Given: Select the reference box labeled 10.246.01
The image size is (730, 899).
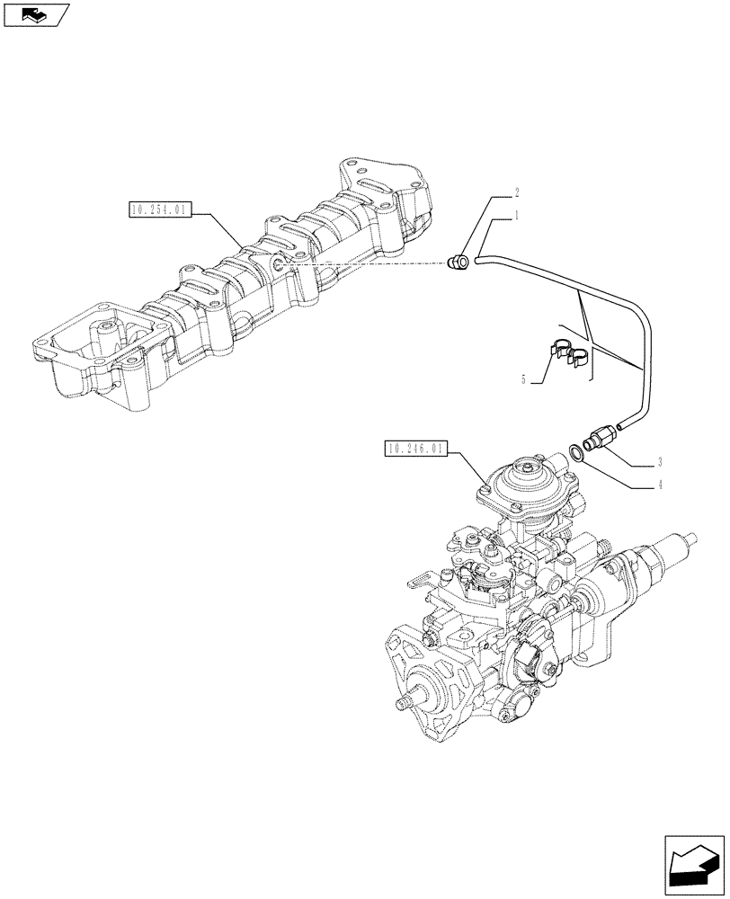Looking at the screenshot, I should tap(414, 448).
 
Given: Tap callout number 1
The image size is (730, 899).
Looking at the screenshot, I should tap(517, 216).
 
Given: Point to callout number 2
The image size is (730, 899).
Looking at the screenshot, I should tap(517, 192).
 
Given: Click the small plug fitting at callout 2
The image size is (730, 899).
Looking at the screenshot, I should tap(458, 262).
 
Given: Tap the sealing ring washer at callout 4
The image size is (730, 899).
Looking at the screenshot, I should tap(577, 451).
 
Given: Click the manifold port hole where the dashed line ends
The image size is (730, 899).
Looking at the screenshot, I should tap(281, 265).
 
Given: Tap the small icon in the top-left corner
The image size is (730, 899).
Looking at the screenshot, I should tap(36, 14).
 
